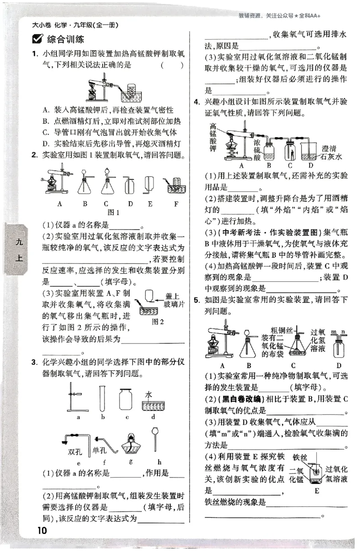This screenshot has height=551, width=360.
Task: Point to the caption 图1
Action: pos(113,212)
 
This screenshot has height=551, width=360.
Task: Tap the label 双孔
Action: pos(74,451)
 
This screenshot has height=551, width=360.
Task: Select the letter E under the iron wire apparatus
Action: pos(317,490)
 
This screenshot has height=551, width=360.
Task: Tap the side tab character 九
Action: pos(18,242)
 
